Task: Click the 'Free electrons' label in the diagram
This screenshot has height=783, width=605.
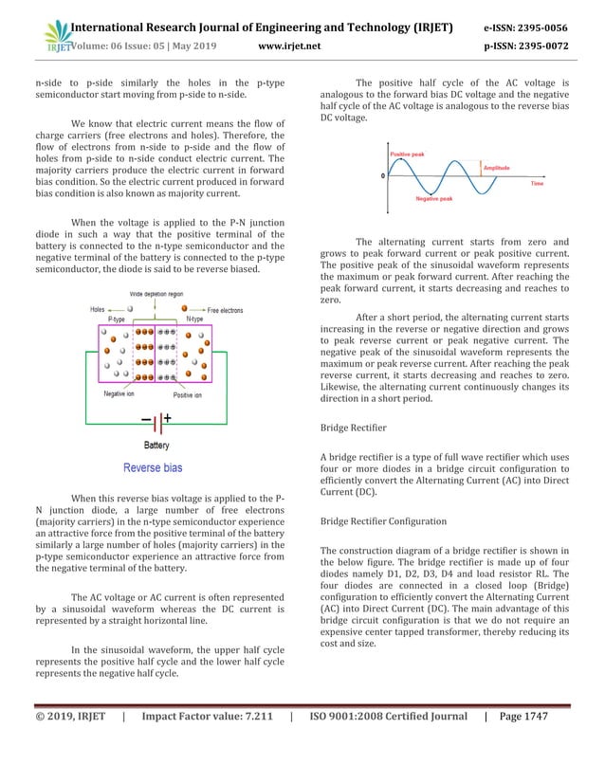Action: point(227,310)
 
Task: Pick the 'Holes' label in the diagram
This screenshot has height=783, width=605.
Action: point(99,309)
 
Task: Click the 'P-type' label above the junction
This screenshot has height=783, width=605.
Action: point(120,319)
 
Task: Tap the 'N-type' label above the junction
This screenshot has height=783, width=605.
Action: point(195,319)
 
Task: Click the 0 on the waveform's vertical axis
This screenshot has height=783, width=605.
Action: point(383,175)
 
